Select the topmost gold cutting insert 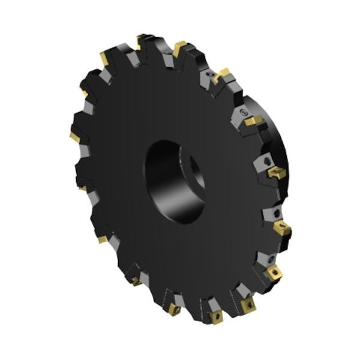[x=142, y=40]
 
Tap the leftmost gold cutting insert [x=74, y=137]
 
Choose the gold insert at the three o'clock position [x=277, y=173]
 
